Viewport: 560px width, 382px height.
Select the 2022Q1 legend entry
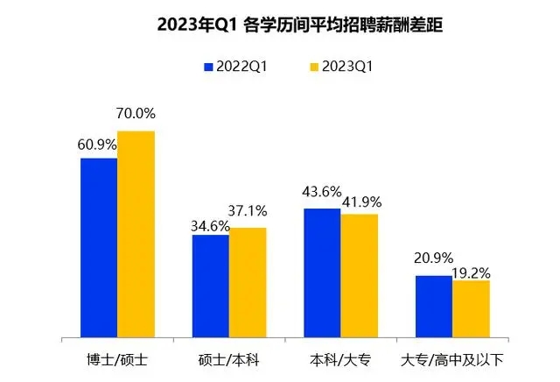234,67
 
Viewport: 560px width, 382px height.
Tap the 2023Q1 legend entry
342,67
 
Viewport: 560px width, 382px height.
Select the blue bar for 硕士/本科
211,286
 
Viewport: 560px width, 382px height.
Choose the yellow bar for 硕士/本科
248,282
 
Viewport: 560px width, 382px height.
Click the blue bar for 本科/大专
322,272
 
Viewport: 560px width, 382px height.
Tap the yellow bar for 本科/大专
359,275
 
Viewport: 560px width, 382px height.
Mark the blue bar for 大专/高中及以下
434,306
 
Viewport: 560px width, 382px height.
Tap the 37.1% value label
247,211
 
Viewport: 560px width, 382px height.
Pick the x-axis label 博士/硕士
117,360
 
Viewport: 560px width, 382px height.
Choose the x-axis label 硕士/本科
229,360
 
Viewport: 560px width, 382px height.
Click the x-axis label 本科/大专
340,360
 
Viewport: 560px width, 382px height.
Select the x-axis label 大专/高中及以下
452,360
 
